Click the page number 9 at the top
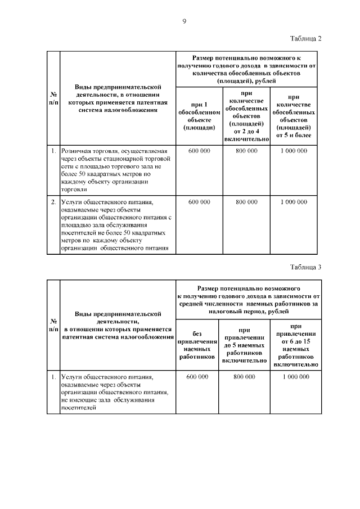[184, 21]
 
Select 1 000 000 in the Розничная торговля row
[294, 151]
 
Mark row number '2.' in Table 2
[53, 201]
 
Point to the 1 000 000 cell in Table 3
[295, 376]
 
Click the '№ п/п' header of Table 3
[53, 325]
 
